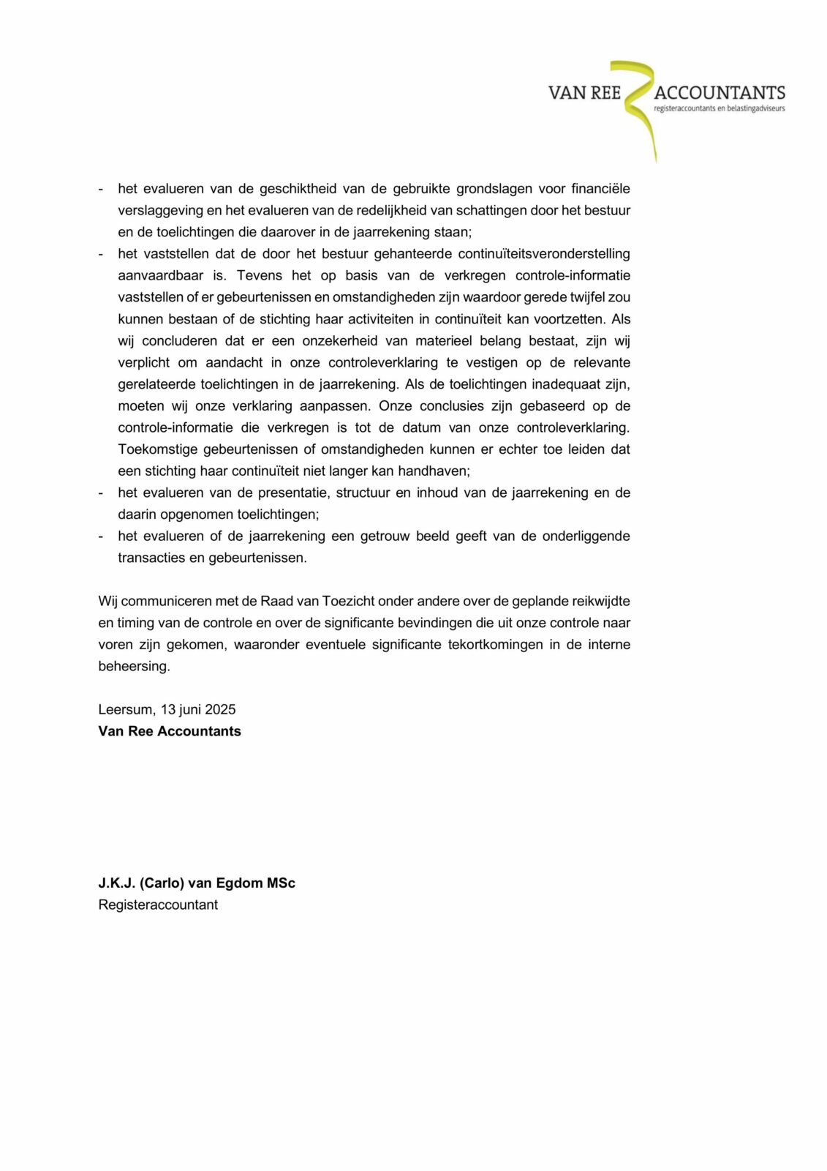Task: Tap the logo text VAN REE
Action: point(584,93)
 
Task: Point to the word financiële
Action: point(600,189)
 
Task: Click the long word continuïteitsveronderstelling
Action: point(544,254)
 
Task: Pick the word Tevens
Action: point(260,276)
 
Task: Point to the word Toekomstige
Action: point(154,449)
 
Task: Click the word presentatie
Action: point(293,493)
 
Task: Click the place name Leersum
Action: point(126,710)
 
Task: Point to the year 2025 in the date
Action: point(220,710)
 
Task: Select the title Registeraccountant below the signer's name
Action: point(158,905)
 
